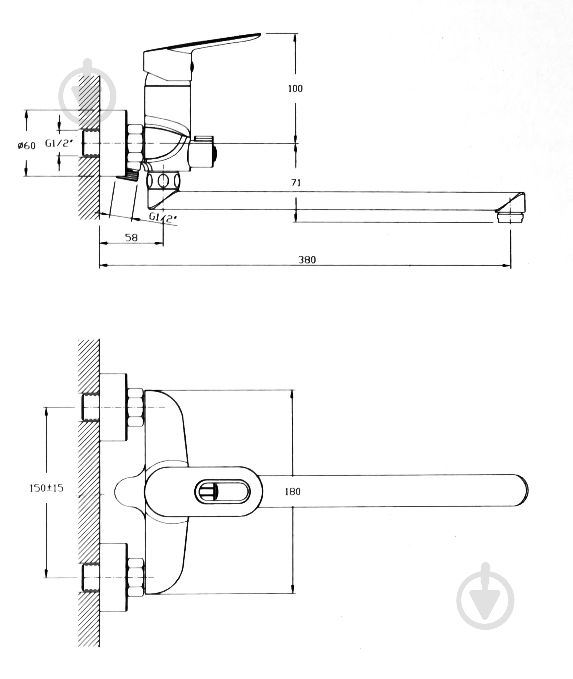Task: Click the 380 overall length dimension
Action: point(307,260)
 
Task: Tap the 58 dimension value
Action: point(131,238)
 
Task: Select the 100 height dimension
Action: point(295,88)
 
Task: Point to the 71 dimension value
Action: point(296,183)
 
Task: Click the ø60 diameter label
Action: point(26,145)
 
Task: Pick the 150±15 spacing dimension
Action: point(46,488)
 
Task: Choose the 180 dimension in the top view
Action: point(292,492)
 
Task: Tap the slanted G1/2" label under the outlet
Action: point(163,217)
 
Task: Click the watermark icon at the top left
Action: point(87,95)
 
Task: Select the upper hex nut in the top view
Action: point(135,407)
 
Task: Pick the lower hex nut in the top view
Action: point(135,577)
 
